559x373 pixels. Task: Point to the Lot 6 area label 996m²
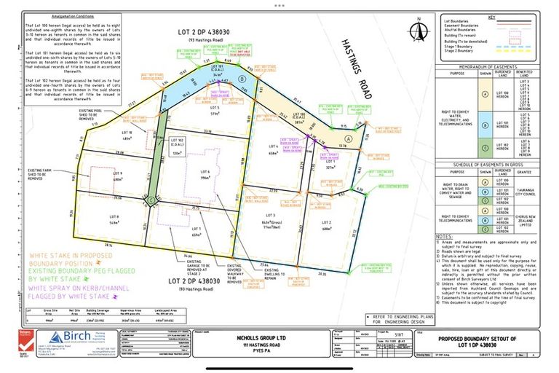coord(205,176)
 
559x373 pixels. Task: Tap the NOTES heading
coord(445,237)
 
